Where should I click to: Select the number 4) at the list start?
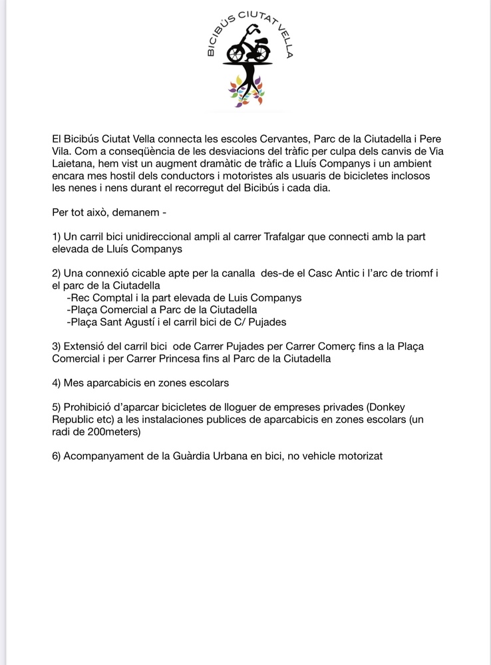pyautogui.click(x=57, y=384)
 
